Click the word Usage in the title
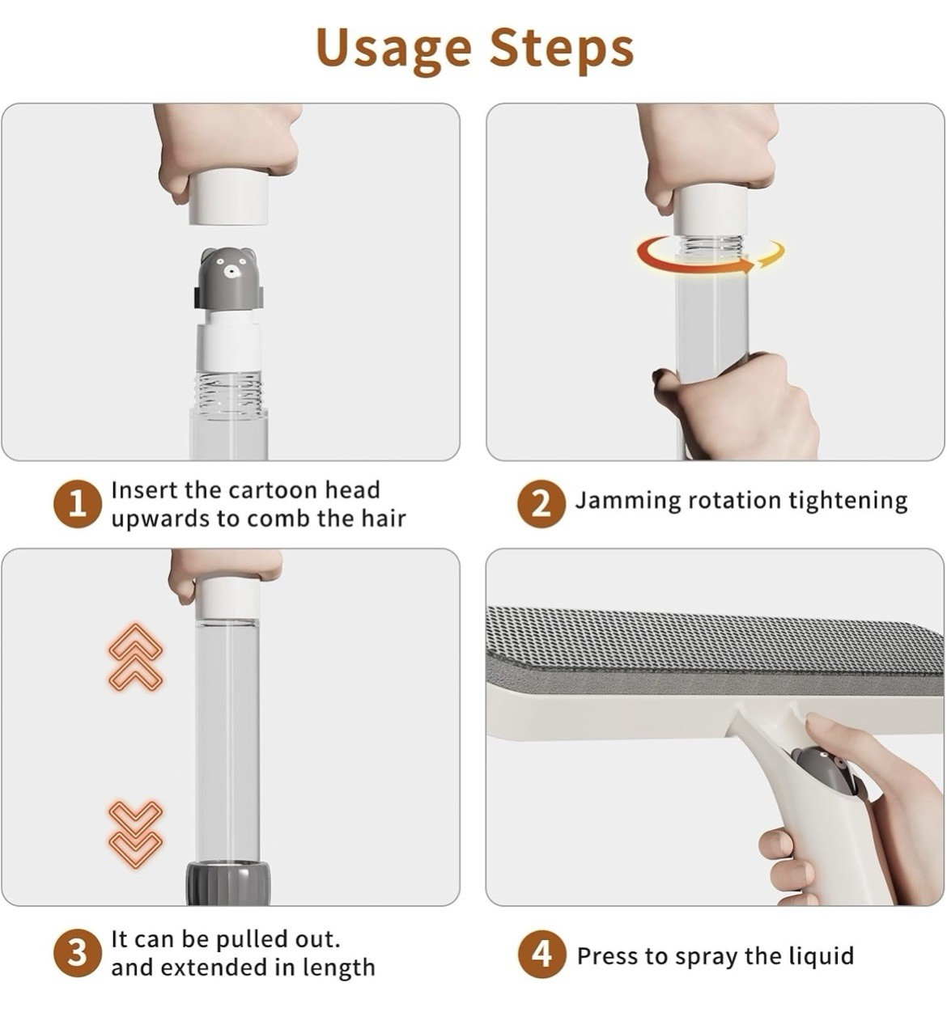(x=393, y=50)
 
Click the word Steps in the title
(x=562, y=50)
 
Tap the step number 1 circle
(x=77, y=504)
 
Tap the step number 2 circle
(x=541, y=504)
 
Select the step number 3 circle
(x=77, y=953)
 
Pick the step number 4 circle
(x=541, y=953)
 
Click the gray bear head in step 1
(x=228, y=278)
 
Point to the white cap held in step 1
(x=229, y=198)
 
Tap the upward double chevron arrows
(x=135, y=657)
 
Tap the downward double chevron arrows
(x=135, y=833)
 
